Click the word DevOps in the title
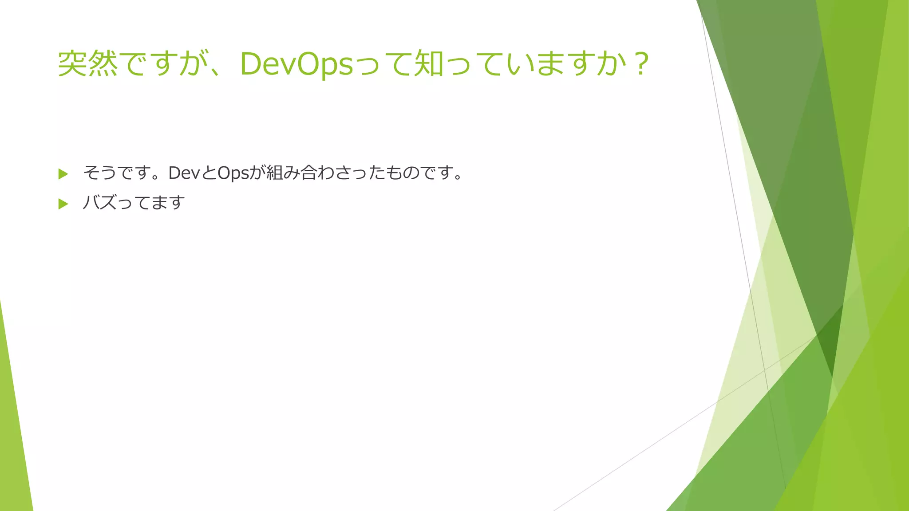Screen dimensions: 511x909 coord(296,64)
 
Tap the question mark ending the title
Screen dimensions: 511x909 coord(641,64)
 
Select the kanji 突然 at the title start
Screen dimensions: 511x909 coord(88,64)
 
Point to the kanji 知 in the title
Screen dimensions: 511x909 coord(429,64)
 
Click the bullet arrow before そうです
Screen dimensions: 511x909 coord(63,174)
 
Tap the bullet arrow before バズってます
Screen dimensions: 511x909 coord(63,204)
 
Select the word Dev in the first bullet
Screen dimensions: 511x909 coord(184,173)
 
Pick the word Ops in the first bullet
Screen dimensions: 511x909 coord(233,173)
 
